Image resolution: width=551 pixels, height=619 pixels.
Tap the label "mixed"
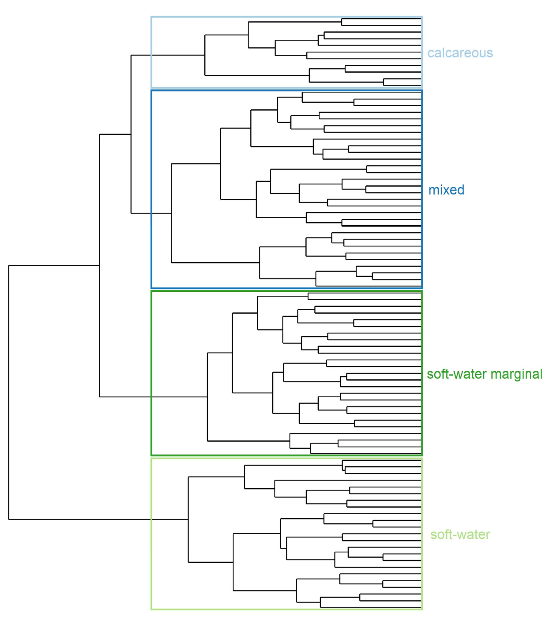point(446,190)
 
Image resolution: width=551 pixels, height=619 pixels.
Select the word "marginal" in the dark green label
point(516,374)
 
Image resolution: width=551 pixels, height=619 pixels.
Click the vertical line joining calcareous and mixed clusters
point(131,134)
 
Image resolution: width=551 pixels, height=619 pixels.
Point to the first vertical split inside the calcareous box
point(205,55)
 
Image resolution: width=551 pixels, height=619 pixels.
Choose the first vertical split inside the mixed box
point(172,213)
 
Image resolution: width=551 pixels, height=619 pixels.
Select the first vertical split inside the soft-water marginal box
point(208,397)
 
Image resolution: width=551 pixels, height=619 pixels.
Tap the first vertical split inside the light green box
point(188,519)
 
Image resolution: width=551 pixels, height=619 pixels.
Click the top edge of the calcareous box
point(286,17)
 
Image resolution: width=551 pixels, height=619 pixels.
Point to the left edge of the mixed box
point(151,189)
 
